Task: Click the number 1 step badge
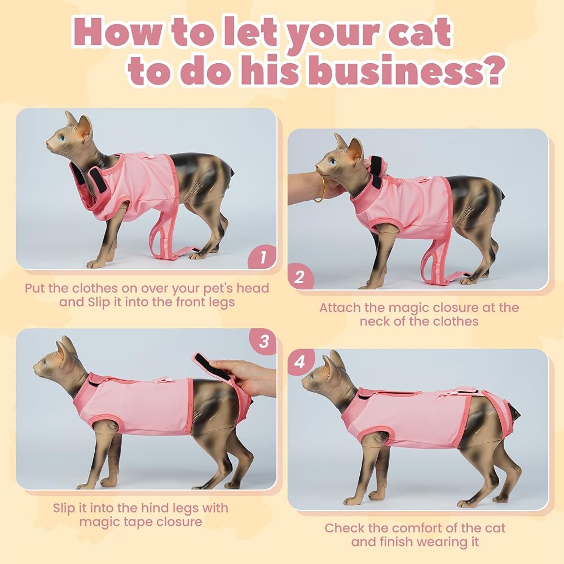tap(263, 258)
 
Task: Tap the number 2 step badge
tap(299, 277)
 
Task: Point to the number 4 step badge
tap(299, 362)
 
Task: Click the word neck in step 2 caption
tap(375, 321)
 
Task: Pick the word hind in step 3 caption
tap(161, 508)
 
